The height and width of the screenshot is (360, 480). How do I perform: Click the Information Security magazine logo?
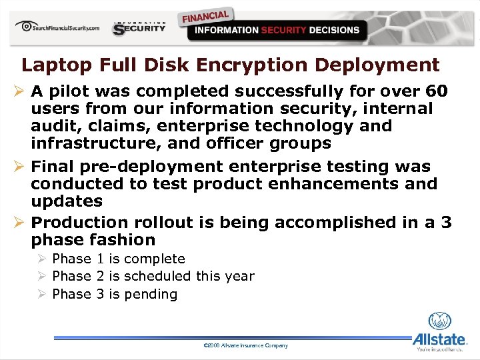(139, 27)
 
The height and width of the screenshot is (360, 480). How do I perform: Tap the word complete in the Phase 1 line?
(155, 259)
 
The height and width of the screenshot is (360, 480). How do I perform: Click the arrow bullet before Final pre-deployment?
(19, 166)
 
